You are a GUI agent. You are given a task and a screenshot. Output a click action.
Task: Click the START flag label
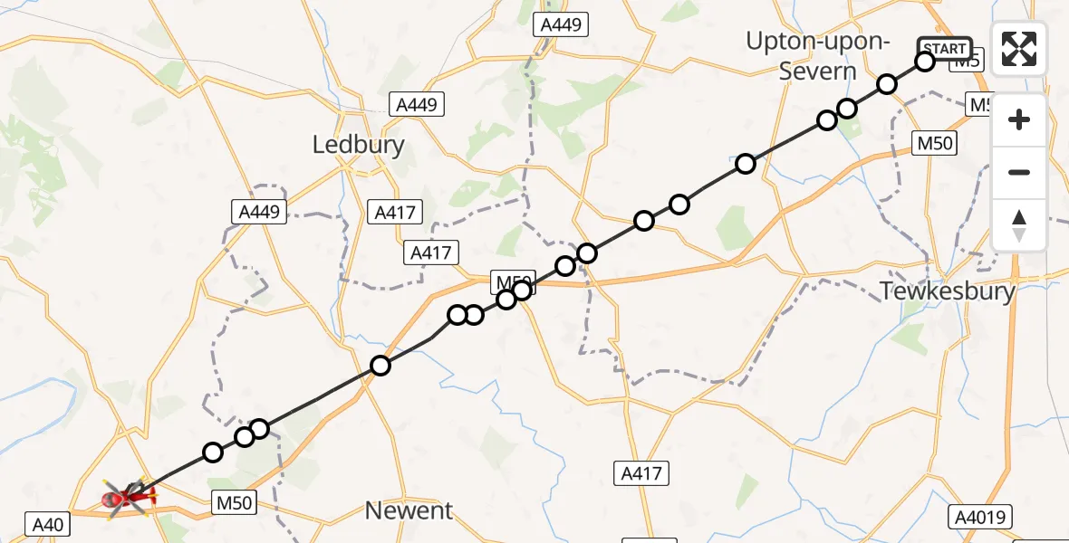tap(947, 48)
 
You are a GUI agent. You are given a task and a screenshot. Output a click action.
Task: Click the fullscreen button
tap(1019, 49)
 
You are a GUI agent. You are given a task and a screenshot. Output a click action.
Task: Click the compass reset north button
tap(1019, 225)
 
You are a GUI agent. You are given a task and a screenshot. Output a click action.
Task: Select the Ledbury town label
tap(358, 145)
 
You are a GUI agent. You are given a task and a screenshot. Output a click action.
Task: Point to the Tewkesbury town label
tap(948, 291)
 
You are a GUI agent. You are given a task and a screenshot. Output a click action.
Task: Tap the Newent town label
tap(409, 510)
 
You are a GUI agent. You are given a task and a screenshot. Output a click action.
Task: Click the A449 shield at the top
tap(561, 25)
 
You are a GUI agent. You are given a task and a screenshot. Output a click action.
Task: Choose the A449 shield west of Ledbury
tap(258, 212)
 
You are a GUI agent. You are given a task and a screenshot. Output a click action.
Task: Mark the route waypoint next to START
tap(925, 62)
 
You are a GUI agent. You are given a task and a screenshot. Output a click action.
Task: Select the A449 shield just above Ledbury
tap(417, 104)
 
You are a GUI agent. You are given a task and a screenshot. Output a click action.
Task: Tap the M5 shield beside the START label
tap(968, 62)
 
